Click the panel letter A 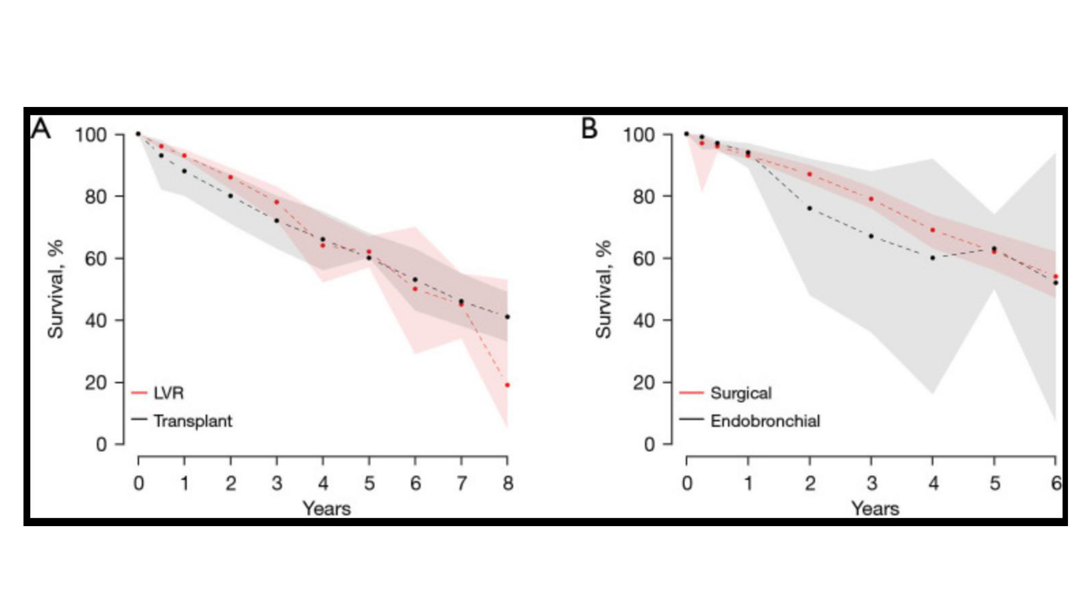click(x=41, y=129)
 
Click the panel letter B click(x=590, y=129)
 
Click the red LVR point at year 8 click(x=507, y=385)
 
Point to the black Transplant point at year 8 click(x=507, y=317)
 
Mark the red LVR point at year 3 click(x=276, y=202)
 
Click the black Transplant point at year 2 click(x=230, y=196)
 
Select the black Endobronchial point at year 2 click(x=809, y=208)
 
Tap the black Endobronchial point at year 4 click(x=933, y=258)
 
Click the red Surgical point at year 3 click(x=871, y=199)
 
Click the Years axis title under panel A click(x=327, y=509)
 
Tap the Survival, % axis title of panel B click(x=603, y=289)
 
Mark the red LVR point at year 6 click(x=415, y=289)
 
